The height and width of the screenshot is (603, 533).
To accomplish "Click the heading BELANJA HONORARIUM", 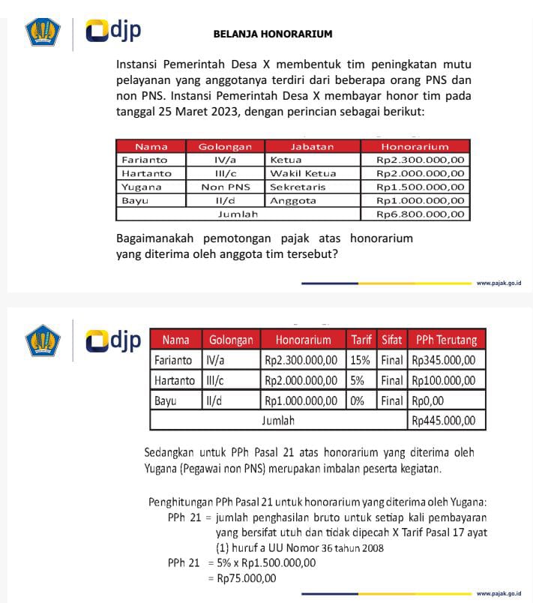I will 272,34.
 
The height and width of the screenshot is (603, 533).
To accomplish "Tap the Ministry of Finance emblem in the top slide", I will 42,32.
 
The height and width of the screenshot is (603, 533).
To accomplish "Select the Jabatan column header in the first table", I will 312,147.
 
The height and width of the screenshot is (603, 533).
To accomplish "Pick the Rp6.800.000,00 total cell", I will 415,214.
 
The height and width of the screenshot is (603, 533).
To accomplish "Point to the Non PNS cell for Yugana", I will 225,187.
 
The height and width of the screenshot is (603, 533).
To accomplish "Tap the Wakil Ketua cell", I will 303,174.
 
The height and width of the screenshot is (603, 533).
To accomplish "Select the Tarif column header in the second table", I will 361,340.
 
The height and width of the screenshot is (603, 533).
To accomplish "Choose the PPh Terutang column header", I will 446,340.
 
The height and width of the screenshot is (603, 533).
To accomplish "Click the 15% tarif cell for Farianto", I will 360,360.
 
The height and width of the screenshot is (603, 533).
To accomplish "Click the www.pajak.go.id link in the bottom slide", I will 499,594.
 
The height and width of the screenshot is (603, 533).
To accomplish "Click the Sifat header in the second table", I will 391,340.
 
